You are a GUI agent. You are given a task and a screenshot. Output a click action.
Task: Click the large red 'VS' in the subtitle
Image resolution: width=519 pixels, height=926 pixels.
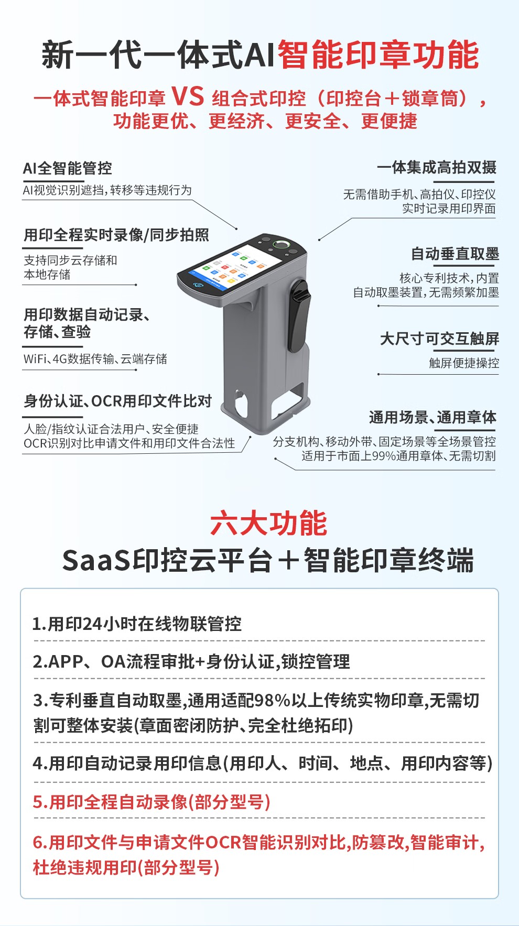188,96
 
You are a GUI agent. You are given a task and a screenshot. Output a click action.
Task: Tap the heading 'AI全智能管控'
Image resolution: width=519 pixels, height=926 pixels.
68,168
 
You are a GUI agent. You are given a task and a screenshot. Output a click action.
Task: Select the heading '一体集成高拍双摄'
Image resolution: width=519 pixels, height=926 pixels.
436,168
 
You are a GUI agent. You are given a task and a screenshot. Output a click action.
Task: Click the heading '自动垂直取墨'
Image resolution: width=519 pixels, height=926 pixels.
455,254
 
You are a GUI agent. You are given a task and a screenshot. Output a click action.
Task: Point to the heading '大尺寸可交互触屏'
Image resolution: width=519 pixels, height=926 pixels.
439,339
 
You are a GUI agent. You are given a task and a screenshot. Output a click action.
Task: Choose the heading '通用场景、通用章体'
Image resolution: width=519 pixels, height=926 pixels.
433,418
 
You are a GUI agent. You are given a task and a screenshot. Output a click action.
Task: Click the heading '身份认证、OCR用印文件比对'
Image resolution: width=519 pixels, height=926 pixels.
118,401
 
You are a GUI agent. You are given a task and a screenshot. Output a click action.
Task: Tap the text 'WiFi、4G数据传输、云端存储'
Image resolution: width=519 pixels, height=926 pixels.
95,359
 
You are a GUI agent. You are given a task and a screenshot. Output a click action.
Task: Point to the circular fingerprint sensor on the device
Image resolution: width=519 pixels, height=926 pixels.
282,244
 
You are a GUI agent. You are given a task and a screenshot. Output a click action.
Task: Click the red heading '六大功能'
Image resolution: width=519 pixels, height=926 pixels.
268,523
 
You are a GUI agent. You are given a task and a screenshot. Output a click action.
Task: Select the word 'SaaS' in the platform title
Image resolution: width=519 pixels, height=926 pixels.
96,560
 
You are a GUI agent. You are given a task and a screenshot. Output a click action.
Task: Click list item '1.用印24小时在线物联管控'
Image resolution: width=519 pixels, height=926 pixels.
137,624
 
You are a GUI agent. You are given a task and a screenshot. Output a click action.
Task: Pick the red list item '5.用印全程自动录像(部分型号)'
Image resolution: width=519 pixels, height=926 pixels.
152,802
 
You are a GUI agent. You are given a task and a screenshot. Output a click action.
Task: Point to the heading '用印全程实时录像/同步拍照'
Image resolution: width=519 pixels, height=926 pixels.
116,235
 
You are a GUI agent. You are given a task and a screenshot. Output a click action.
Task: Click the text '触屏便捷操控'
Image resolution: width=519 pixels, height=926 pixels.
464,363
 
